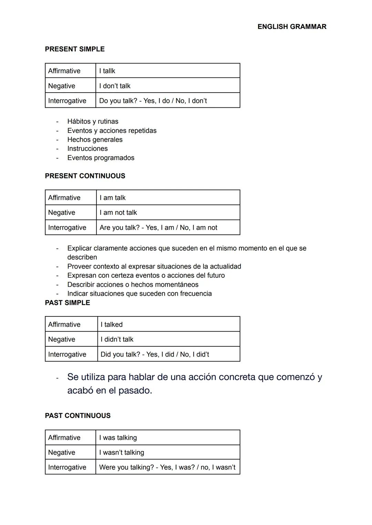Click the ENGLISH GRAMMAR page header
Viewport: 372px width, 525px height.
[x=292, y=27]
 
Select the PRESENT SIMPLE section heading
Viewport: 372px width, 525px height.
[x=75, y=49]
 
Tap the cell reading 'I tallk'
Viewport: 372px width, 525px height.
[x=107, y=71]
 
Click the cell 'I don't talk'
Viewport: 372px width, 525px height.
[x=115, y=86]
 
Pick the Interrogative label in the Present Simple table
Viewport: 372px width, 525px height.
[x=67, y=101]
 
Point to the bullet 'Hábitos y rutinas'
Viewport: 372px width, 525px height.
[x=93, y=122]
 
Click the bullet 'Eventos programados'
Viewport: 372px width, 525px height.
[x=101, y=158]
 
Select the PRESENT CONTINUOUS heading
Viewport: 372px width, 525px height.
[x=85, y=176]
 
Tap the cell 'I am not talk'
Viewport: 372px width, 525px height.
[x=118, y=213]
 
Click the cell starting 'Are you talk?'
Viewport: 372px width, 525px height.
[x=158, y=228]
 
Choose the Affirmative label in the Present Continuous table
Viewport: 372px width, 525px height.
[x=64, y=198]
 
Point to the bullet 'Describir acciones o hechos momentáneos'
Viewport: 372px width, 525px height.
[x=133, y=285]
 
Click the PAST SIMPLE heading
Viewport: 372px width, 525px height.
[x=68, y=303]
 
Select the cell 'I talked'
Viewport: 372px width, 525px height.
[x=112, y=325]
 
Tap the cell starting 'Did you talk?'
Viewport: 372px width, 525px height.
[x=155, y=355]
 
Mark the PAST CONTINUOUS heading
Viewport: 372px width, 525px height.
[x=78, y=416]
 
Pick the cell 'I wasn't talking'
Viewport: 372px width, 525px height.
[x=122, y=453]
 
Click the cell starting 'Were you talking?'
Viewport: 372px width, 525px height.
[x=167, y=468]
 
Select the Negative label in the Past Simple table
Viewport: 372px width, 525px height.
[x=62, y=339]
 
